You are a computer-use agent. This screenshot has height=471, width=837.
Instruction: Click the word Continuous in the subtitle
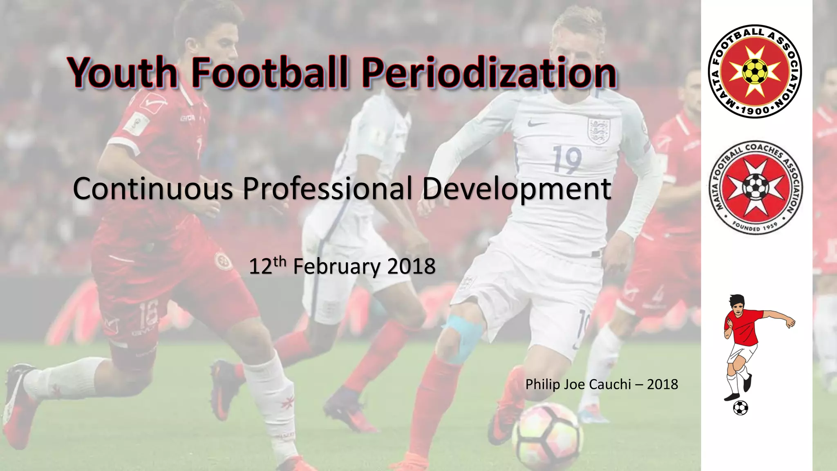[x=153, y=188]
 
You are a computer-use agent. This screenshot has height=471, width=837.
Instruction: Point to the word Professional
[x=327, y=188]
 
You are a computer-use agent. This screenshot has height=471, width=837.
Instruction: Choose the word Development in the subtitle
[x=517, y=188]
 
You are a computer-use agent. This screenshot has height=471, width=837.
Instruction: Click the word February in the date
[x=336, y=267]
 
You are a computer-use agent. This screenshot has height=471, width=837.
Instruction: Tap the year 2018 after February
[x=411, y=267]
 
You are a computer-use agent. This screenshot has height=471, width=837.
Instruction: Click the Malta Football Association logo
[x=754, y=71]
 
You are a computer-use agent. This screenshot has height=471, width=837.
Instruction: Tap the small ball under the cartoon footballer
[x=741, y=408]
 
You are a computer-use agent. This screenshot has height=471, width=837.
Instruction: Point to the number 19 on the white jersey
[x=568, y=160]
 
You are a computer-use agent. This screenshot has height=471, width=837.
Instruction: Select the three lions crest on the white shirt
[x=599, y=130]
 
